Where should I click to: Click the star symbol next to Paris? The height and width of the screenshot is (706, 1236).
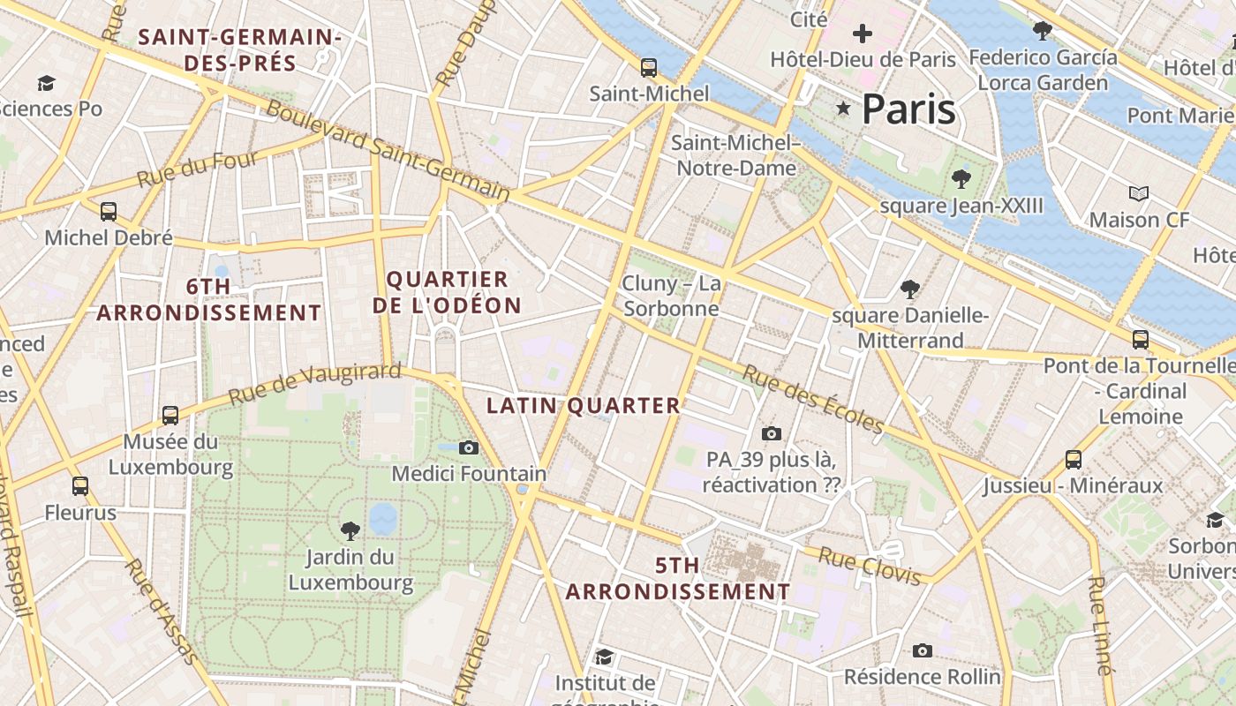click(x=843, y=109)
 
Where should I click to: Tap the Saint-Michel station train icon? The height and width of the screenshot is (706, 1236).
click(x=649, y=67)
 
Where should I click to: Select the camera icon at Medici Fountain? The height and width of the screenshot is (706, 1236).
click(x=469, y=448)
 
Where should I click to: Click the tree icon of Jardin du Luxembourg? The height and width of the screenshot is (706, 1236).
click(x=350, y=530)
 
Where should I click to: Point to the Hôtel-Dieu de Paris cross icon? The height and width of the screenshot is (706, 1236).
click(x=863, y=34)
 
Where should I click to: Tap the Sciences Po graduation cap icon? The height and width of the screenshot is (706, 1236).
click(x=46, y=83)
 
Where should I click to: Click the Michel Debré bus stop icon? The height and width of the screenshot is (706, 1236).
click(x=109, y=212)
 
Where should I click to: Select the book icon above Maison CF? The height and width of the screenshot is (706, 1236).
click(x=1139, y=193)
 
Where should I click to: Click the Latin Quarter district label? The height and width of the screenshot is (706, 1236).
click(x=584, y=406)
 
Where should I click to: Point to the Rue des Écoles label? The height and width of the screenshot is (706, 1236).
click(x=812, y=400)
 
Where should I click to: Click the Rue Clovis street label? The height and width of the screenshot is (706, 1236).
click(x=870, y=566)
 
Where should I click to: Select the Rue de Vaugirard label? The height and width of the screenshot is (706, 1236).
click(x=314, y=384)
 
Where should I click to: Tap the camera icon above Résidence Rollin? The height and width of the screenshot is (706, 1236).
click(x=923, y=651)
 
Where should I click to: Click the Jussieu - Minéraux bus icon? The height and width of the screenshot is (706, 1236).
click(x=1074, y=459)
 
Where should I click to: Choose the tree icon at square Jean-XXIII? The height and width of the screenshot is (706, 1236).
click(x=961, y=179)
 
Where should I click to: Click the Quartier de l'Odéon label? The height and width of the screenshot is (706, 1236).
click(x=447, y=292)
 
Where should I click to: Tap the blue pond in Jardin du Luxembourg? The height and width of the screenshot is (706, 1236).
click(x=383, y=519)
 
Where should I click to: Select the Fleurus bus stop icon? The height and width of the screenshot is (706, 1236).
click(x=80, y=485)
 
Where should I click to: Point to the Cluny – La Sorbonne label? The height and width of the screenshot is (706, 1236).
click(x=671, y=296)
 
